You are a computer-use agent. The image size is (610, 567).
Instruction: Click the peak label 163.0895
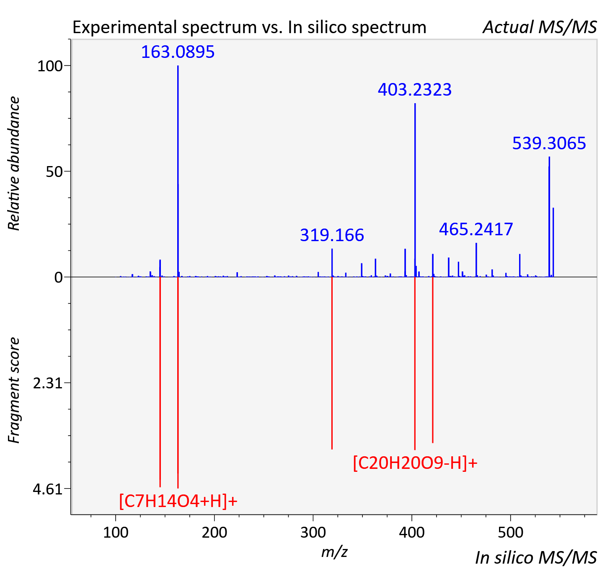(178, 52)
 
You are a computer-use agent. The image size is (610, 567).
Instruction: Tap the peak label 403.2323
(415, 90)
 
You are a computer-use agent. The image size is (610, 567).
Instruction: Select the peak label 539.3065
(549, 143)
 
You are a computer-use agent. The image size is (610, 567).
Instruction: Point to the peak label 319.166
(332, 235)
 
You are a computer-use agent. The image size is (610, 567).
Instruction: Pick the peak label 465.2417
(476, 229)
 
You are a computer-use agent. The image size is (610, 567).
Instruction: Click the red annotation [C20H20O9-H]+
(415, 463)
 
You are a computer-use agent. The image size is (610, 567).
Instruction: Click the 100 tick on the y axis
(50, 66)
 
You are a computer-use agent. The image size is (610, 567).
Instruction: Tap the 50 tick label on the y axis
(54, 172)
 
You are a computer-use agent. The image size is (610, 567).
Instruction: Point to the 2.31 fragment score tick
(48, 383)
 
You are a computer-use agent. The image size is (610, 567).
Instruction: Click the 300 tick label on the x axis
(313, 532)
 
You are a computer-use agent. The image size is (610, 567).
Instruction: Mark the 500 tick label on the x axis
(510, 532)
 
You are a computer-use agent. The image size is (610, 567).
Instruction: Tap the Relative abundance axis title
(14, 163)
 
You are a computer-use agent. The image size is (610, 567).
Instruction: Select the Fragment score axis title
(14, 390)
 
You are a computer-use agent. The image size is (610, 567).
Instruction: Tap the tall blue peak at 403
(415, 190)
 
